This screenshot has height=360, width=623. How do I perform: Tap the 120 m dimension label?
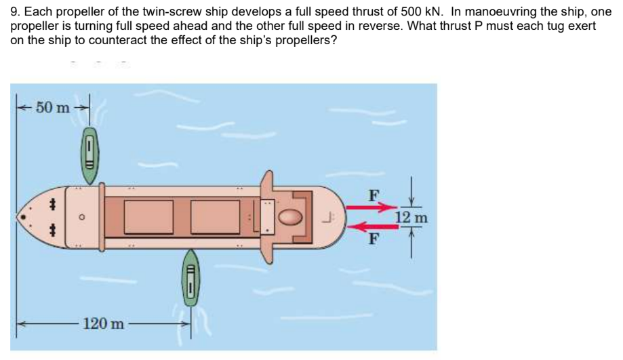tap(103, 323)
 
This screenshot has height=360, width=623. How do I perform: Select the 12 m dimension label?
tap(411, 218)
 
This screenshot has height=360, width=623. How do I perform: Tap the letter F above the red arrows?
tap(371, 195)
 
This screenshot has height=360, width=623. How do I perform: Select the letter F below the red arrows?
tap(372, 239)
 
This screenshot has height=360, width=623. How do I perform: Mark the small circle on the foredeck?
tap(81, 218)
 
